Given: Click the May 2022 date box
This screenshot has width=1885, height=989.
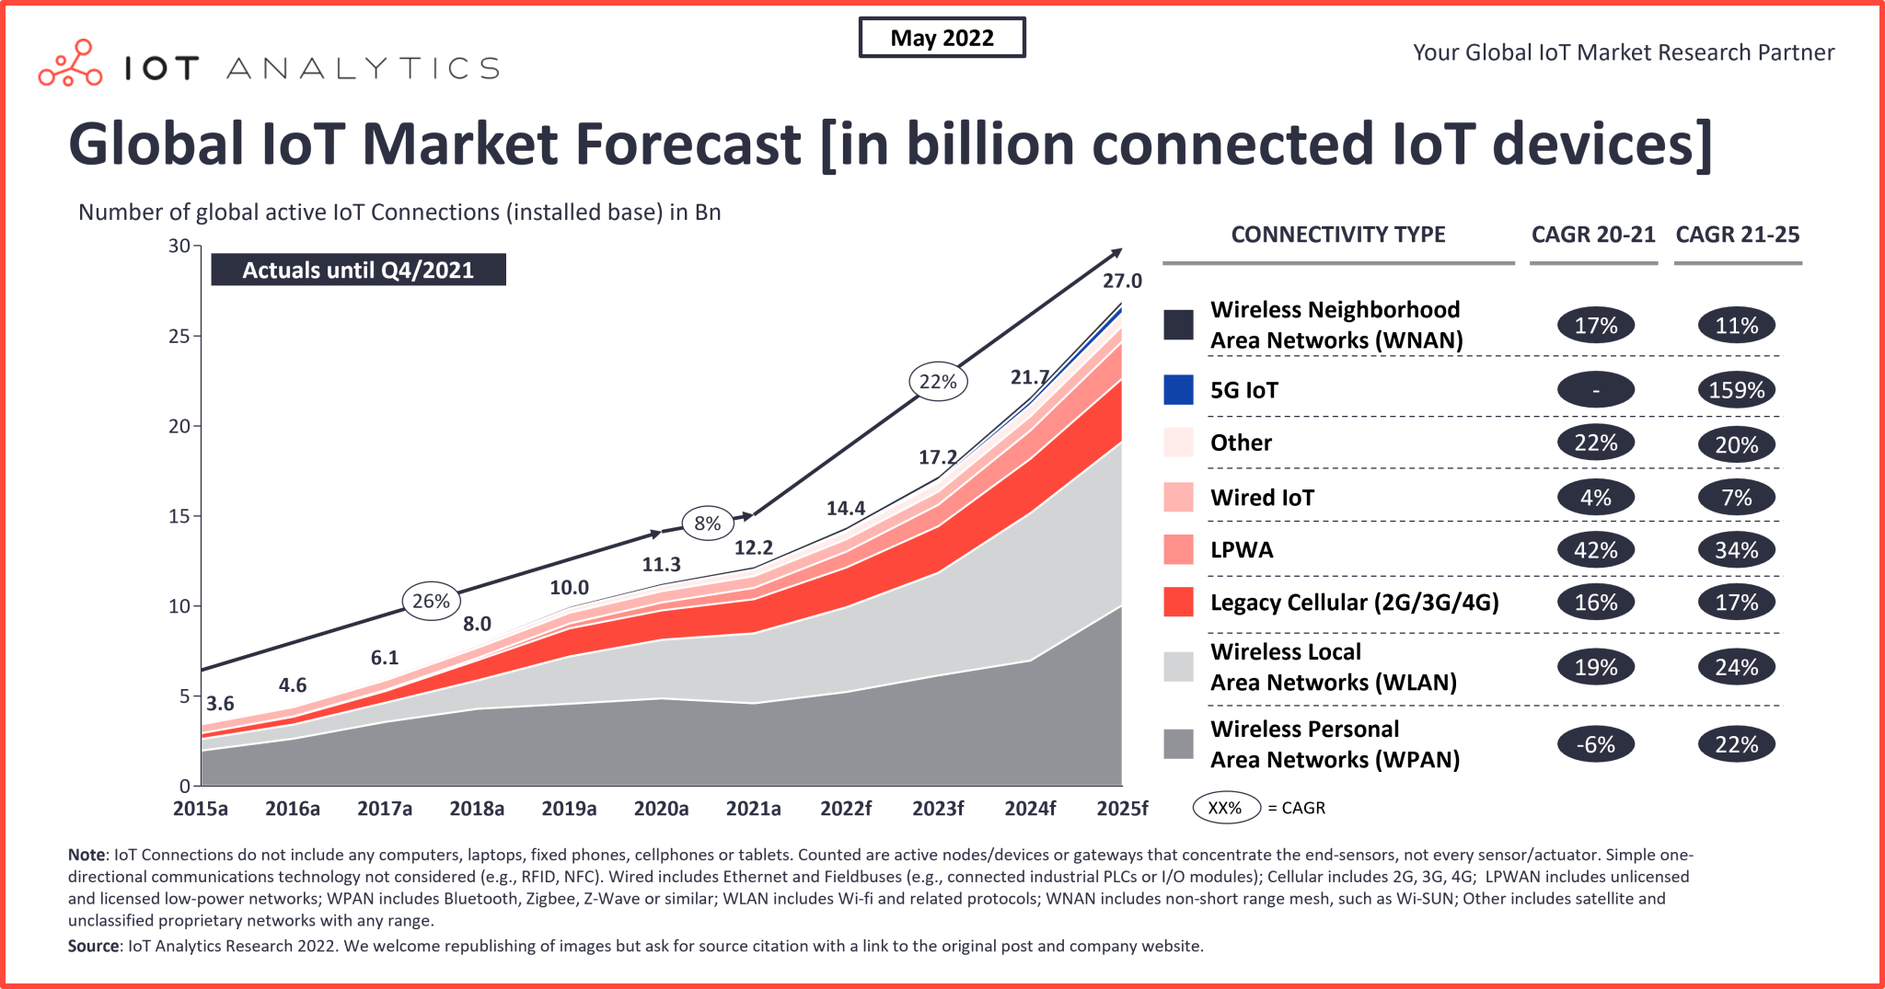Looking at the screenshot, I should [x=942, y=38].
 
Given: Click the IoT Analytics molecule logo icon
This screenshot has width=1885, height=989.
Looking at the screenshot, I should [x=70, y=63].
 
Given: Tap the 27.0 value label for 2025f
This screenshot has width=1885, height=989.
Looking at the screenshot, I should [x=1122, y=281].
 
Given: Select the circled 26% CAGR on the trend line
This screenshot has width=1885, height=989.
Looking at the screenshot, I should [x=431, y=601].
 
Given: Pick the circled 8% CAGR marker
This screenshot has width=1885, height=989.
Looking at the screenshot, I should [x=707, y=523].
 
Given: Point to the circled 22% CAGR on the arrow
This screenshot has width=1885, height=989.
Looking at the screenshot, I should [x=938, y=381].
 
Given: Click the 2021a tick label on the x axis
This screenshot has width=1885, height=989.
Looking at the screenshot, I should [x=753, y=809].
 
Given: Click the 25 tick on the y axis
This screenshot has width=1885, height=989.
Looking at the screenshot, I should [x=179, y=336].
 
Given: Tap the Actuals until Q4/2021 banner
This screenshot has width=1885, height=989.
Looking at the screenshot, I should [x=358, y=270].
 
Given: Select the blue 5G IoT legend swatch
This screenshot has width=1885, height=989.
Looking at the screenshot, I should [x=1178, y=390].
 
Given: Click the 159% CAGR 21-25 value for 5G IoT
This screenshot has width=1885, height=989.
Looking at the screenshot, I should [x=1736, y=390].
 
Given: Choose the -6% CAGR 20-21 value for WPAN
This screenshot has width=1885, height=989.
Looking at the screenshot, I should [x=1595, y=744].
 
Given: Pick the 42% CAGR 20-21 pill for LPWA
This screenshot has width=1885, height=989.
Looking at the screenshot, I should [x=1595, y=550].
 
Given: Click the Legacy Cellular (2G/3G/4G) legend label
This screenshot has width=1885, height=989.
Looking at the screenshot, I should [x=1354, y=603].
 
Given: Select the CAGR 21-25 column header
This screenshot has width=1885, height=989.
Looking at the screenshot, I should [x=1737, y=235].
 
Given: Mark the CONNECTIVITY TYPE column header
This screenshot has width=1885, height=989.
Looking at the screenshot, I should [x=1338, y=235].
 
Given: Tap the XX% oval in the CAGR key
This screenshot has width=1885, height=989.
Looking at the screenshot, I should [x=1225, y=808].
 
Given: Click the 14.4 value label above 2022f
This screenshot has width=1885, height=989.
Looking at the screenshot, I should [x=845, y=508].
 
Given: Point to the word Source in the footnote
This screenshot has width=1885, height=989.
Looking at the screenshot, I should [x=93, y=946].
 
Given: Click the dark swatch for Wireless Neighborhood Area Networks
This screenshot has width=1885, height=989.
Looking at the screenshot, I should [x=1178, y=325].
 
